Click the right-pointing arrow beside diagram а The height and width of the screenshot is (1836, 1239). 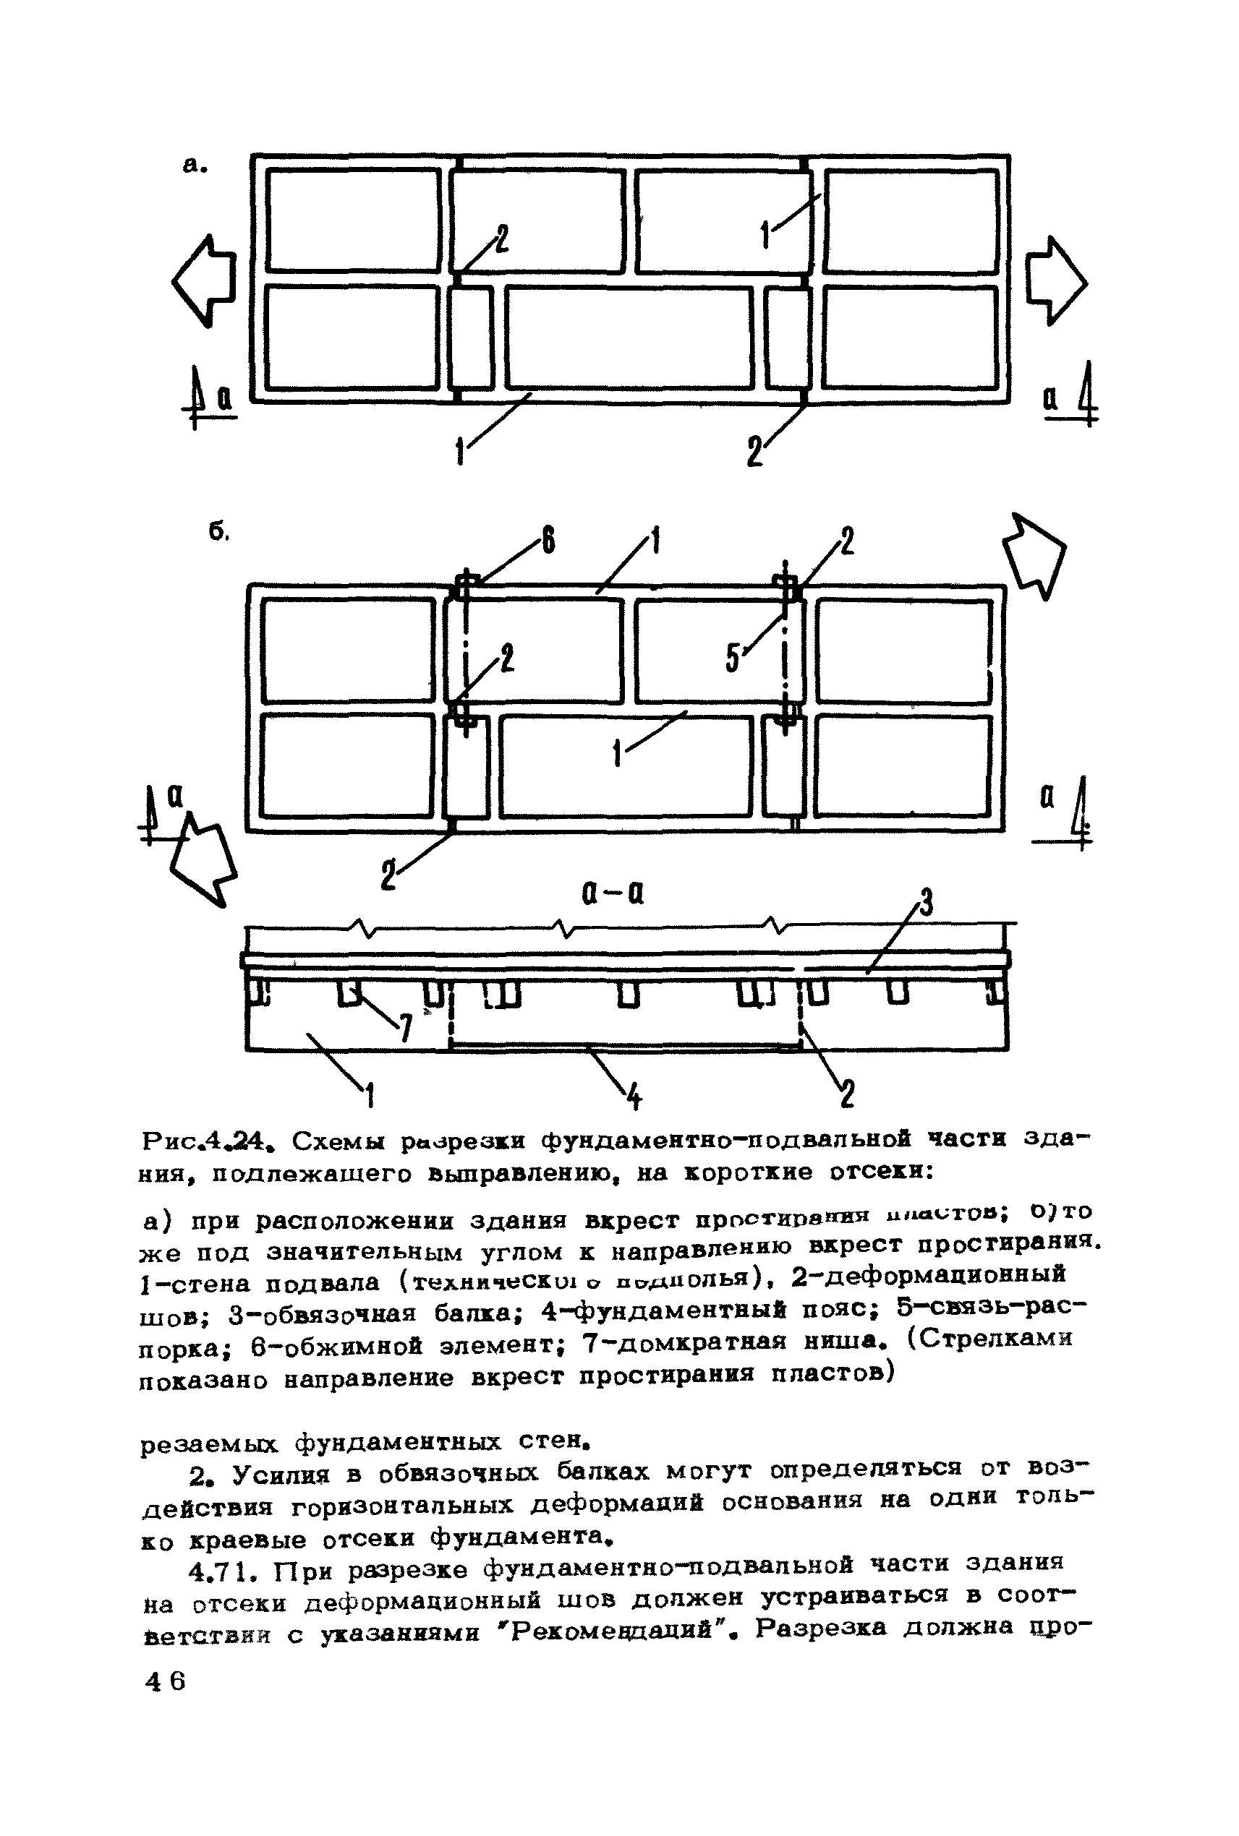point(1057,280)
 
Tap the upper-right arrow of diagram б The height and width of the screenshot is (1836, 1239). point(1036,553)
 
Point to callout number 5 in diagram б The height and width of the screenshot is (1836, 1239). point(733,658)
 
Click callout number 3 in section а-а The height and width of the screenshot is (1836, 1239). point(926,902)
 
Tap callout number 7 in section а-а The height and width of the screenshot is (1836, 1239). point(405,1026)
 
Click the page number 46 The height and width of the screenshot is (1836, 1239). point(165,1681)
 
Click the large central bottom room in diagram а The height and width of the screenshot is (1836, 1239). point(629,338)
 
